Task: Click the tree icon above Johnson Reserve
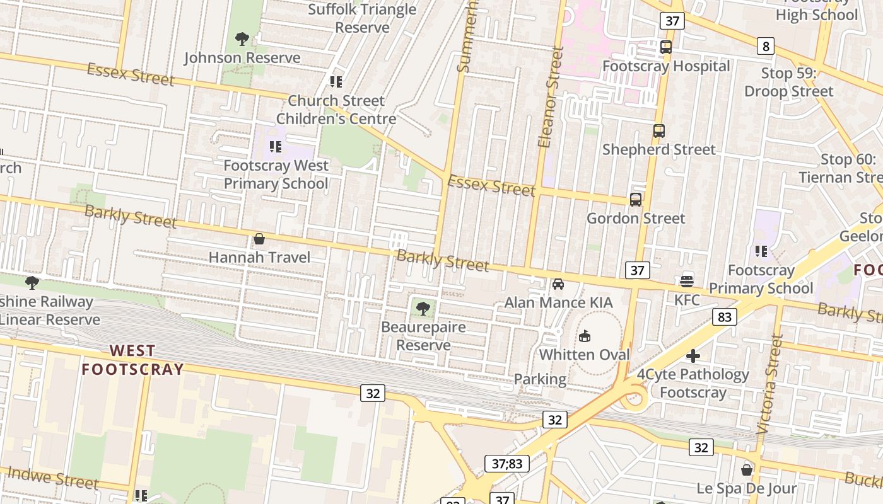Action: tap(242, 39)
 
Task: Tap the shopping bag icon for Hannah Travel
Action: tap(259, 239)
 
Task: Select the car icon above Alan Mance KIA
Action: tap(558, 284)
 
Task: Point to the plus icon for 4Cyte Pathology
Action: tap(693, 356)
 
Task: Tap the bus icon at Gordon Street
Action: tap(636, 200)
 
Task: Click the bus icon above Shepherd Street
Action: tap(659, 131)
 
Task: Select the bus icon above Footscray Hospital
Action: tap(666, 47)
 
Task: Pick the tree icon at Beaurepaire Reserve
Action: tap(423, 308)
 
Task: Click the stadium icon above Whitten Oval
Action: tap(585, 336)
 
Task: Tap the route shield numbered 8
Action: tap(766, 46)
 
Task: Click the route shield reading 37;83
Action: tap(507, 464)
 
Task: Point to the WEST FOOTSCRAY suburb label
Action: tap(132, 360)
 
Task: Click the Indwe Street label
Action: tap(53, 478)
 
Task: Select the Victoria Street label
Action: tap(769, 384)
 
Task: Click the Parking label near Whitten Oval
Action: tap(540, 379)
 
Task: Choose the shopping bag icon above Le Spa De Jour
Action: tap(747, 470)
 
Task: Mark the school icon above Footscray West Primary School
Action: tap(276, 147)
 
